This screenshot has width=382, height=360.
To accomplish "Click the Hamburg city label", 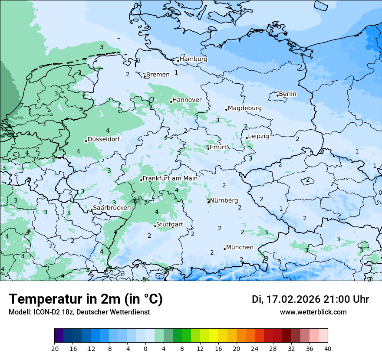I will [x=194, y=59].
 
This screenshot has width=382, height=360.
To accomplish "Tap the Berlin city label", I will [x=287, y=94].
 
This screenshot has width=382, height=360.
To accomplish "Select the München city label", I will [x=240, y=247].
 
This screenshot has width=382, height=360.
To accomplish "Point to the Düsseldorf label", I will [x=104, y=140].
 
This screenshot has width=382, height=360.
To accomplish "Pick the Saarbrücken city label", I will [x=112, y=208].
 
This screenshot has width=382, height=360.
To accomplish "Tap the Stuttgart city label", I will [x=170, y=224].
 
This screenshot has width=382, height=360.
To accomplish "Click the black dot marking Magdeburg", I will [x=226, y=110].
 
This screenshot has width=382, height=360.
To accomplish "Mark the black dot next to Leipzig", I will [x=247, y=138].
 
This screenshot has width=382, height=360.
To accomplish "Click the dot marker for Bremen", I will [x=145, y=77].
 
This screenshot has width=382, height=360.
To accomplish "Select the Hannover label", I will [x=187, y=100].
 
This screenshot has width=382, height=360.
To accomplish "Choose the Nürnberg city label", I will [x=224, y=200].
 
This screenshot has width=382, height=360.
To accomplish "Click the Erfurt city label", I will [x=218, y=147].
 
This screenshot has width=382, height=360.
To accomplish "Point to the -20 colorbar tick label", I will [x=54, y=348].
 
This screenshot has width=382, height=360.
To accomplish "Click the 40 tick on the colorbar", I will [x=327, y=348].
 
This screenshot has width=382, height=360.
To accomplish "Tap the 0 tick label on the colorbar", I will [x=145, y=348].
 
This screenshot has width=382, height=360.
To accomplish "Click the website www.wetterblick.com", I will [x=313, y=312].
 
